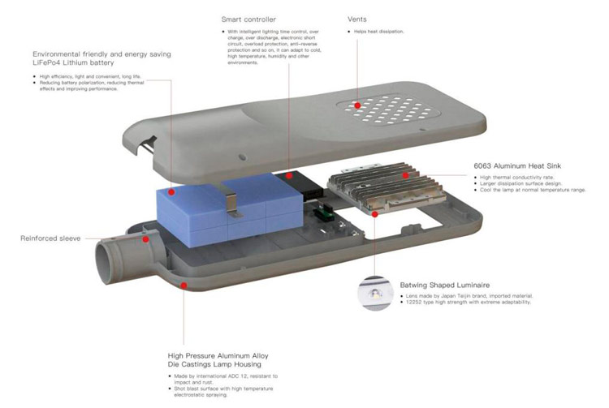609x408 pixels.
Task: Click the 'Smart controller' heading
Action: coord(248,19)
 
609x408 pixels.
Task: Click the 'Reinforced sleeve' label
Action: coord(50,238)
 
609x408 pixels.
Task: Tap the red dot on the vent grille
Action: coord(356,104)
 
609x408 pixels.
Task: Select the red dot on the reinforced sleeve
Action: coord(145,239)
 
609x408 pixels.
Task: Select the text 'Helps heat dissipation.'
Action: coord(378,32)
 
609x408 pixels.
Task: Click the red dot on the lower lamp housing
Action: coord(185,285)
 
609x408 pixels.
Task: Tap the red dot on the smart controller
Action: coord(287,174)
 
